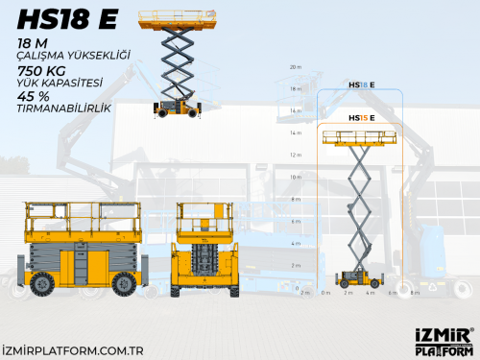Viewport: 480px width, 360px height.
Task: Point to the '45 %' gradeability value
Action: (33, 96)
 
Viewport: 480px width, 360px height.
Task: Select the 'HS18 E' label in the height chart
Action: (361, 85)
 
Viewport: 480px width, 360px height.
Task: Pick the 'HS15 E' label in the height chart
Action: (361, 117)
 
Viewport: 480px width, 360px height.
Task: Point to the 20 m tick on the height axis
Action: (296, 68)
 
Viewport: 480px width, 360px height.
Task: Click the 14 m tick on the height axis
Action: (296, 133)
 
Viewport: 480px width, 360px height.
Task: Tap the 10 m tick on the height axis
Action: (296, 178)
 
